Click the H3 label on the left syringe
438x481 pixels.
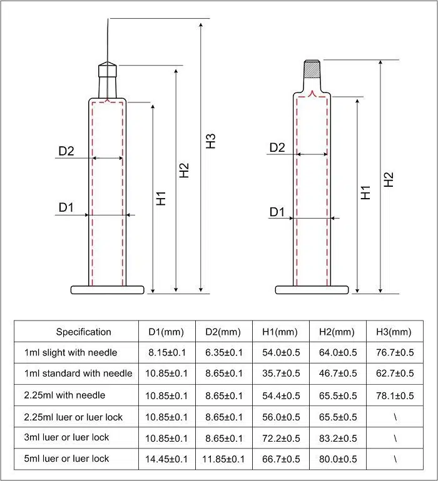[211, 141]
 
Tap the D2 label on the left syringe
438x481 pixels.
[66, 151]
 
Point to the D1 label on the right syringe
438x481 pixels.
[277, 212]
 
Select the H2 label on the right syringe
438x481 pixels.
[389, 179]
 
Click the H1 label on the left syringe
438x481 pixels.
[161, 199]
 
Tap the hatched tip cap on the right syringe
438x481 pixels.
[312, 68]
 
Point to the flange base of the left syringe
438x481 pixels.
[108, 289]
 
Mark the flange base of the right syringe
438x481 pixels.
[312, 289]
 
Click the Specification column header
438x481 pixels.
[83, 332]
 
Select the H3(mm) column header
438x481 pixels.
[394, 332]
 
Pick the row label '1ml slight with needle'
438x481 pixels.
[71, 352]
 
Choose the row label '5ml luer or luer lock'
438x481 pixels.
[67, 459]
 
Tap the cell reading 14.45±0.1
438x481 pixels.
[167, 459]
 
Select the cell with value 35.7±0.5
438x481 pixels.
[280, 374]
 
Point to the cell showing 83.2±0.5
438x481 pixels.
[337, 437]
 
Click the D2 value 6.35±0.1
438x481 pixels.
[224, 352]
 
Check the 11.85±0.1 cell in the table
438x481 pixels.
[224, 459]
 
